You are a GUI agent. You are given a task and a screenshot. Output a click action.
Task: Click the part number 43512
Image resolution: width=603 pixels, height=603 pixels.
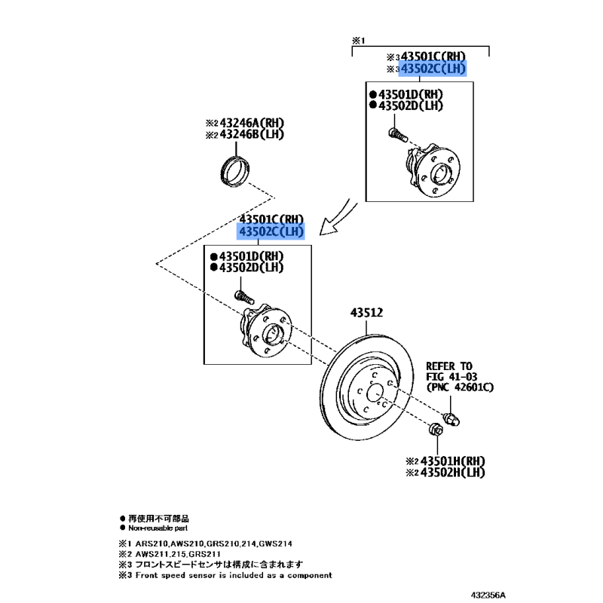tap(366, 313)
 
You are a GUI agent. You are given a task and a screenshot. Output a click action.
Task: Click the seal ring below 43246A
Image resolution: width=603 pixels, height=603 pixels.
tap(235, 170)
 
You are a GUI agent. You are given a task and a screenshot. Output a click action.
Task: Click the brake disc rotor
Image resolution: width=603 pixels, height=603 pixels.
tap(366, 387)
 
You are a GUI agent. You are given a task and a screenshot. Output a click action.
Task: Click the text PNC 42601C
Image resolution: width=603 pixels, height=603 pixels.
tap(460, 387)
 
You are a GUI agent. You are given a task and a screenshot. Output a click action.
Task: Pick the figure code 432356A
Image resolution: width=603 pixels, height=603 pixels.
tap(488, 595)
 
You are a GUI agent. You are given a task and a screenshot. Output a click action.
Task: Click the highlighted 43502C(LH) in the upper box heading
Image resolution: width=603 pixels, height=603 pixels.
tap(433, 69)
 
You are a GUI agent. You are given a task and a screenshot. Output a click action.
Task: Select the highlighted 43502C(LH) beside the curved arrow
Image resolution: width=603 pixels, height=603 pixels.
tap(271, 231)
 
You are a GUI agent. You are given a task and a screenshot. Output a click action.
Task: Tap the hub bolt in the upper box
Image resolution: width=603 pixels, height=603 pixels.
tap(397, 135)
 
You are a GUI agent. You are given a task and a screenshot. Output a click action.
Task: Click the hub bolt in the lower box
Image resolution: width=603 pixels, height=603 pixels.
tap(244, 297)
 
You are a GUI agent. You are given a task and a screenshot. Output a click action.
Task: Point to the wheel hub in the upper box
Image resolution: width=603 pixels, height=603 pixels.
tap(433, 169)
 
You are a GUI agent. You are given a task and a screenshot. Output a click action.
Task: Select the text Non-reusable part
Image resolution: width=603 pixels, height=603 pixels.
tap(158, 528)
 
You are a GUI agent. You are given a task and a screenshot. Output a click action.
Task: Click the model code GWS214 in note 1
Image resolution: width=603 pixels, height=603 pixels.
tap(275, 543)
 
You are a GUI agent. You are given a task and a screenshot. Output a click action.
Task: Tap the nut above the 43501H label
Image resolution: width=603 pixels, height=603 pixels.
tap(436, 429)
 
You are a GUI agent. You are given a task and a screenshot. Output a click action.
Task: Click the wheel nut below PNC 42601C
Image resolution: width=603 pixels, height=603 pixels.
tap(451, 419)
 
